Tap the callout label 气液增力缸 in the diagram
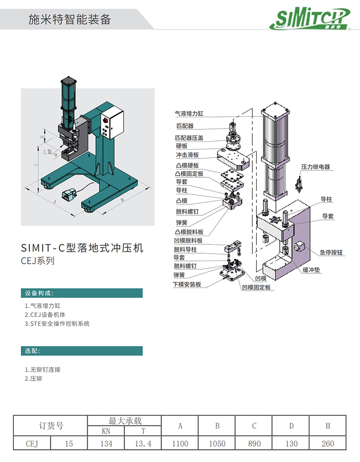click(189, 113)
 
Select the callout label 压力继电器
click(316, 167)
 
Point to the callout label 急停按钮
click(331, 252)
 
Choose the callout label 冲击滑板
click(187, 155)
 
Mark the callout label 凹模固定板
click(256, 287)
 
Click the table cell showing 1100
click(180, 444)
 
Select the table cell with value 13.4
click(143, 444)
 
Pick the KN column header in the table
click(106, 431)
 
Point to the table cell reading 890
click(254, 444)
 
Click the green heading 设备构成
click(39, 293)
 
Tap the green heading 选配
click(33, 351)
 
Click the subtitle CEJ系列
click(38, 261)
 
